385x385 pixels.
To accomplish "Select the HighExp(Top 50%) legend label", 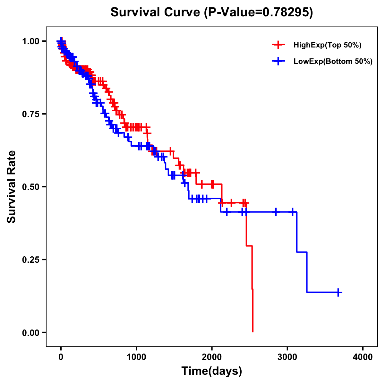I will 327,45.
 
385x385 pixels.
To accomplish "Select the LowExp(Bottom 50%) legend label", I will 333,62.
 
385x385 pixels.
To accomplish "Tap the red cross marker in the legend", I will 278,45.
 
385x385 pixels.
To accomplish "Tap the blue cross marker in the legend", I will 278,61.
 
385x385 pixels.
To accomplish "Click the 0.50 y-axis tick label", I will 30,187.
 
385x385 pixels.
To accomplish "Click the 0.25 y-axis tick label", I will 30,260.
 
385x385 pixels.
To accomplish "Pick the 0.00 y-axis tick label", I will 30,332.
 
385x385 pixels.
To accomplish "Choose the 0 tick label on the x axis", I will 61,357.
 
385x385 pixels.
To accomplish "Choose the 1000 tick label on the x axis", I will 136,357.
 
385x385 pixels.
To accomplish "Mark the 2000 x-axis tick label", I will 212,357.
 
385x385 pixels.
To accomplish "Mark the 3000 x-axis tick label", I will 287,357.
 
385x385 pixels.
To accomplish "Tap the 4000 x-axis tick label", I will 363,357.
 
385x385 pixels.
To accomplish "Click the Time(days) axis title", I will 212,371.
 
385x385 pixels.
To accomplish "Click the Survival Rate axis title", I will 12,187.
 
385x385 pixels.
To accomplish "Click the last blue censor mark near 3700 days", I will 338,292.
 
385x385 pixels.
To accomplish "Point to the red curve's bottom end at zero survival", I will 253,331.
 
